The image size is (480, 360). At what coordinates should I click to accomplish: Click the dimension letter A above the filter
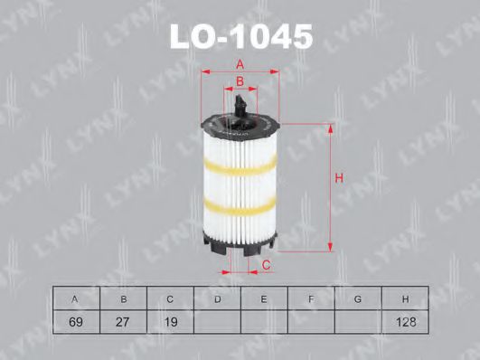[x=240, y=63]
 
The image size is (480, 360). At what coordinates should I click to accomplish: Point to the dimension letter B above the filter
[x=240, y=82]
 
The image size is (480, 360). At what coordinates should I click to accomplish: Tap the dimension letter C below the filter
[x=267, y=264]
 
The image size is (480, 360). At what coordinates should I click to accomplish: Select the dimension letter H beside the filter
[x=338, y=178]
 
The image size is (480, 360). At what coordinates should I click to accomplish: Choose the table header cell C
[x=171, y=298]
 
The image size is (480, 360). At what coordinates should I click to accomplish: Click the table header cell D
[x=218, y=298]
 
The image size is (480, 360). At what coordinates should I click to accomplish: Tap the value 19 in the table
[x=171, y=321]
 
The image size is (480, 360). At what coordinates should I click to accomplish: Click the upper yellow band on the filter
[x=240, y=166]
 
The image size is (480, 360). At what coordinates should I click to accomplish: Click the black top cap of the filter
[x=240, y=121]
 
